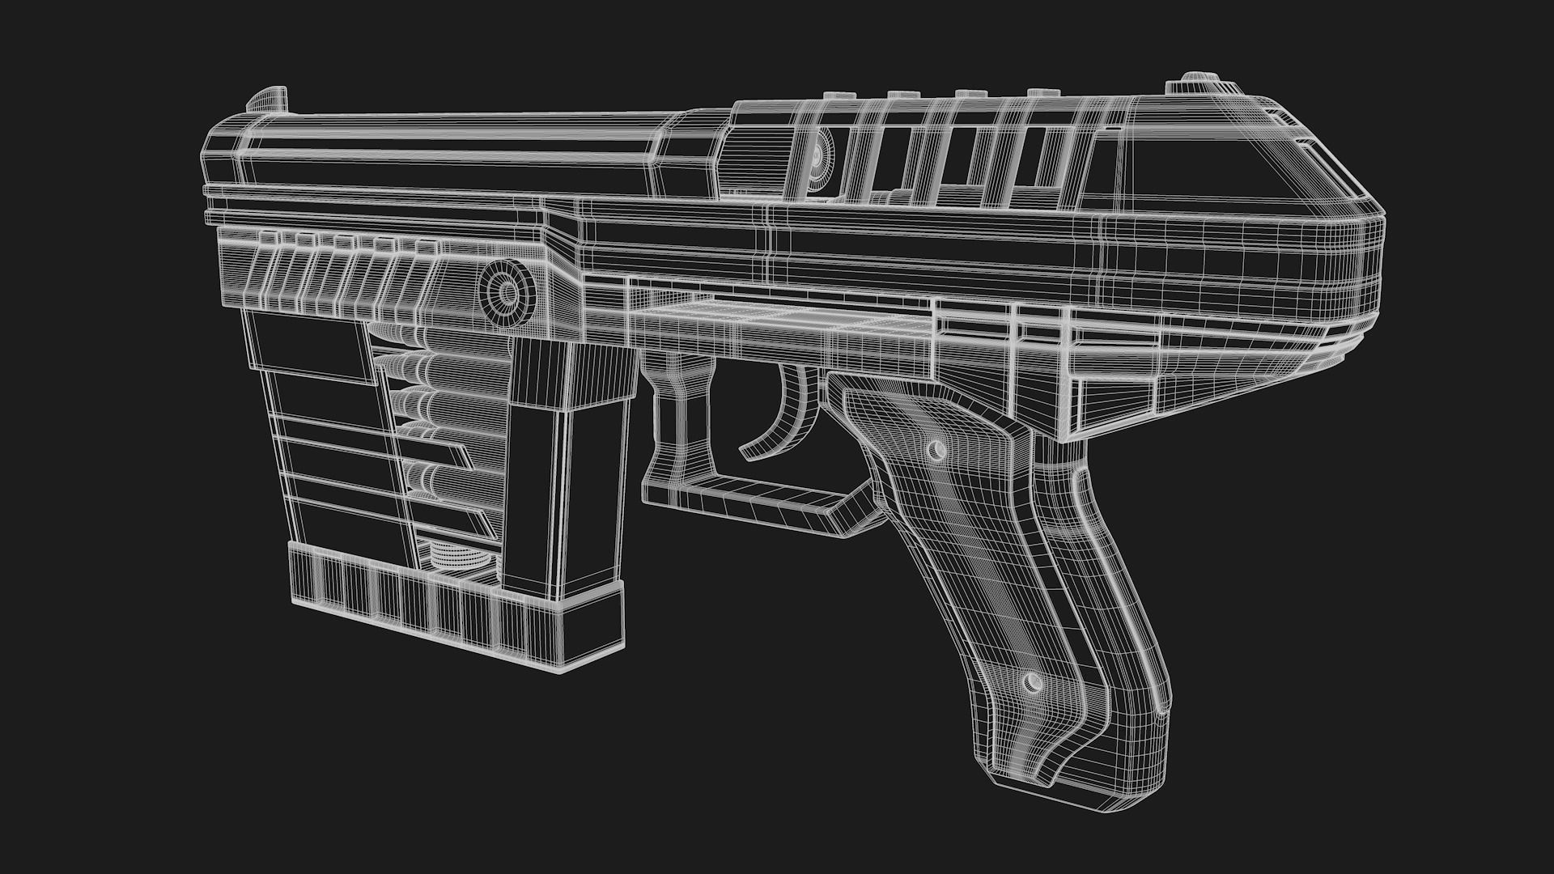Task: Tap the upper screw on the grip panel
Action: (x=938, y=448)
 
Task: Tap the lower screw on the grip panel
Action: (x=1032, y=682)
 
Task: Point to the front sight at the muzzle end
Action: (x=267, y=99)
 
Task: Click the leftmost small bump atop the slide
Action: (x=834, y=95)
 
